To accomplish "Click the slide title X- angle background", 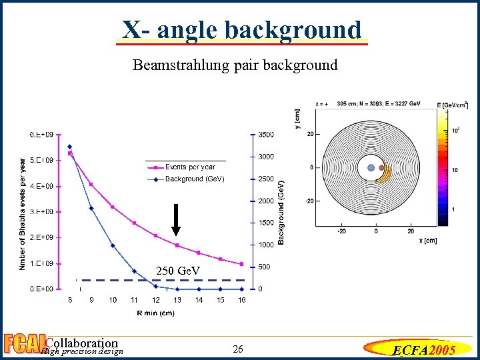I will [x=241, y=30].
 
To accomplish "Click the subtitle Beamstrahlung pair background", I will [x=235, y=65].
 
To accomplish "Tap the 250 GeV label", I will [x=178, y=271].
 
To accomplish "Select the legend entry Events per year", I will [x=191, y=167].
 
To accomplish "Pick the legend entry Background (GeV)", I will [x=195, y=179].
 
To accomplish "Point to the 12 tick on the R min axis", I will [x=156, y=301].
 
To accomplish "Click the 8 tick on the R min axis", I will [x=70, y=301].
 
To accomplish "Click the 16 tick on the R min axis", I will [x=242, y=301].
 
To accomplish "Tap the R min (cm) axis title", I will [x=155, y=313].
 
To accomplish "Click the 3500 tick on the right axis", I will [x=265, y=135].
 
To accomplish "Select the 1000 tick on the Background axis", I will [x=265, y=245].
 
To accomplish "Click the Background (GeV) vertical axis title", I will [x=281, y=211].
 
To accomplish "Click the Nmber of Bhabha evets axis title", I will [x=23, y=213].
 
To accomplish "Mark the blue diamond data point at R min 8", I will [x=70, y=147].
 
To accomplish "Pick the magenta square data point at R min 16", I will [x=242, y=264].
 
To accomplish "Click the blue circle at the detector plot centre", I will [x=371, y=168].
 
